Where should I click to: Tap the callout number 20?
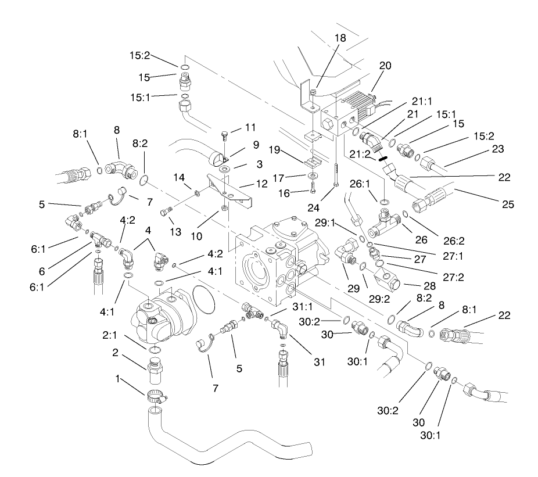[385, 66]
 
